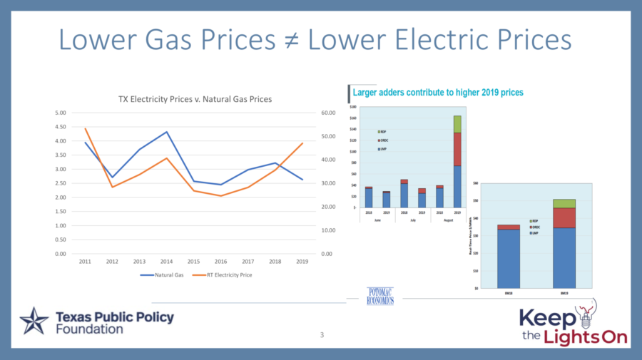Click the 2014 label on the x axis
tap(166, 262)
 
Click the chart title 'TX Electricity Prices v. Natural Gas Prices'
tap(195, 99)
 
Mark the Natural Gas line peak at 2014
tap(166, 132)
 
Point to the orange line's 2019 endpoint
tap(303, 143)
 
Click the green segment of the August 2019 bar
tap(457, 124)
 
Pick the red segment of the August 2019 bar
tap(457, 149)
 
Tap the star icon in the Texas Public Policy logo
tap(34, 322)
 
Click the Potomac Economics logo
tap(380, 296)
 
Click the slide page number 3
tap(322, 334)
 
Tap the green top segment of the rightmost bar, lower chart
tap(564, 203)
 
